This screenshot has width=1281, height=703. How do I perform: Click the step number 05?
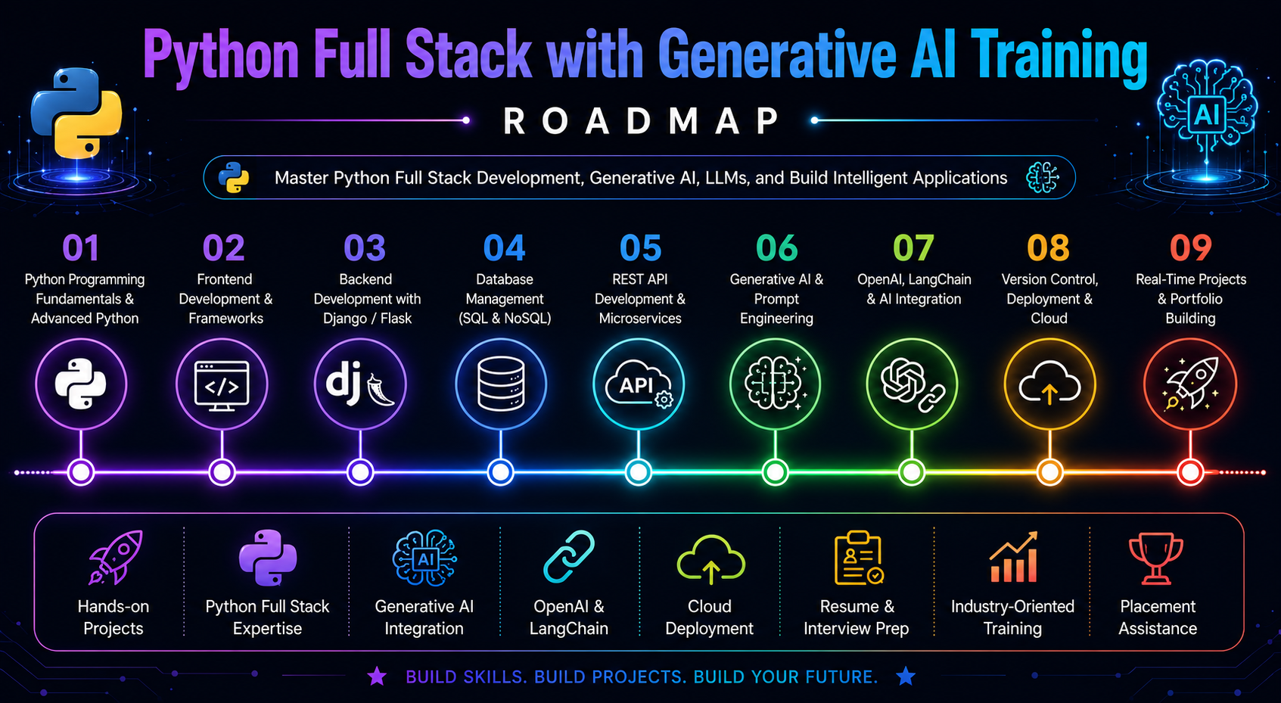click(x=640, y=247)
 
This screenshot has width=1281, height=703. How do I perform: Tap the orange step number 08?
click(x=1048, y=247)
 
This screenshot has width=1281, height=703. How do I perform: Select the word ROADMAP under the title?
click(x=641, y=120)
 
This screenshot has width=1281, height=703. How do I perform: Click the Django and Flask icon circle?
click(x=360, y=383)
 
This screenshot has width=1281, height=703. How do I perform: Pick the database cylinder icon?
click(x=501, y=383)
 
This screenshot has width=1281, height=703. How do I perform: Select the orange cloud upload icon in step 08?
click(x=1049, y=383)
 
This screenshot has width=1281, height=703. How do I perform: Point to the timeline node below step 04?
click(x=500, y=472)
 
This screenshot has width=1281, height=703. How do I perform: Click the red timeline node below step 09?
click(x=1191, y=472)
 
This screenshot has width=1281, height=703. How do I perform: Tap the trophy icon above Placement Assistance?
click(x=1156, y=558)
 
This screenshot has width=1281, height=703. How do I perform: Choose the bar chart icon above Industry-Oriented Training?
click(x=1013, y=556)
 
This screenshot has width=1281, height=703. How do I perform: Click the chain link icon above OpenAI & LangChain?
click(x=568, y=556)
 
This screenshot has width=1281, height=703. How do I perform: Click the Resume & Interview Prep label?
click(x=856, y=617)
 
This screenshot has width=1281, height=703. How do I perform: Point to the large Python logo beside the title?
click(x=76, y=114)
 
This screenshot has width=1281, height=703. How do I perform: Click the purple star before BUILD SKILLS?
click(x=377, y=676)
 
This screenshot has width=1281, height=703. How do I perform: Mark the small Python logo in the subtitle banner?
click(x=234, y=177)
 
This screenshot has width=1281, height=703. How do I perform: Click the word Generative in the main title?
click(x=776, y=55)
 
